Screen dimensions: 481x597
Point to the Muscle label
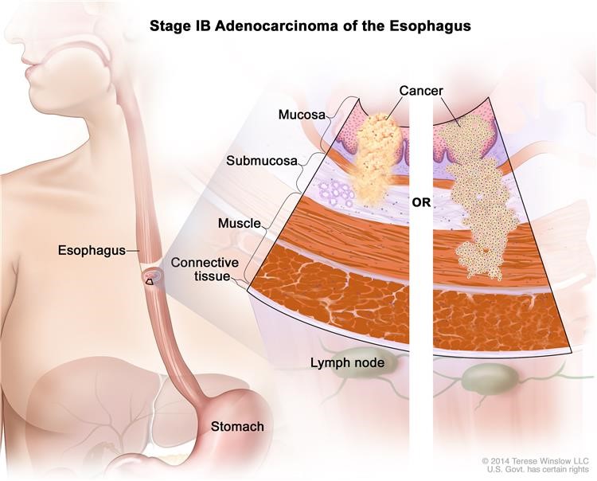pos(239,224)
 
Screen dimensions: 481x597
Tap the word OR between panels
pos(421,202)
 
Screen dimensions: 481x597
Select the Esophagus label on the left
pos(91,250)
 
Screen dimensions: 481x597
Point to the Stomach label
pos(237,427)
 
